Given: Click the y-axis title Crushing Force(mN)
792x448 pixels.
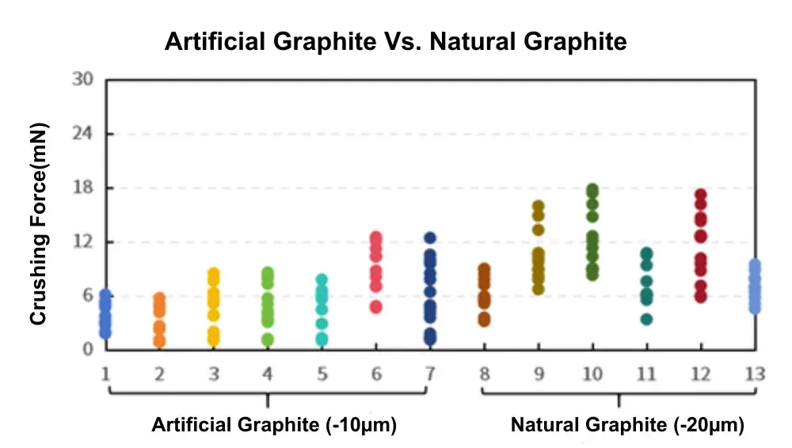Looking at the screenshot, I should click(38, 224).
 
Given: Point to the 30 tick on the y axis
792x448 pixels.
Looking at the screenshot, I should click(82, 79).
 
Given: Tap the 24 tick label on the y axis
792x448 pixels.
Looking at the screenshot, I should click(82, 134).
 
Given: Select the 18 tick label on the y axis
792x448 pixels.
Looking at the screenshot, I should click(82, 188).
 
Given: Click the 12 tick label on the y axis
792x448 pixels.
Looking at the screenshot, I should click(82, 241).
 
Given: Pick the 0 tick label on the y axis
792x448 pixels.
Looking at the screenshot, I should click(88, 349).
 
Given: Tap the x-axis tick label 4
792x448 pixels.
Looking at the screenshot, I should click(268, 374).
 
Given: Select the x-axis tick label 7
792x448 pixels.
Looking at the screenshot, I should click(430, 374).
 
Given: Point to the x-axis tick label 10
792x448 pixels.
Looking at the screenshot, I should click(592, 374).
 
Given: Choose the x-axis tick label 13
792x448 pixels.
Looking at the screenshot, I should click(755, 374).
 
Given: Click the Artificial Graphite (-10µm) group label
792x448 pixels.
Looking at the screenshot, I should click(274, 426).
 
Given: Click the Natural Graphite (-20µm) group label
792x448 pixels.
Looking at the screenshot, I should click(627, 426).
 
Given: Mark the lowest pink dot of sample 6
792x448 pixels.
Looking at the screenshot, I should click(376, 306).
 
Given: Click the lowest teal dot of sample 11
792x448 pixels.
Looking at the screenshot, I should click(646, 319).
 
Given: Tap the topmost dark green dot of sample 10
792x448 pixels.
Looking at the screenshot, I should click(592, 190).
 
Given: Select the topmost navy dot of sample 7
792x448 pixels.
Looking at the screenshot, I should click(430, 237).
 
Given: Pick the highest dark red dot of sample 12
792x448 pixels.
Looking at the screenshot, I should click(700, 195).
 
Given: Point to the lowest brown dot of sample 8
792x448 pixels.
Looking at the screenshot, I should click(484, 320).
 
